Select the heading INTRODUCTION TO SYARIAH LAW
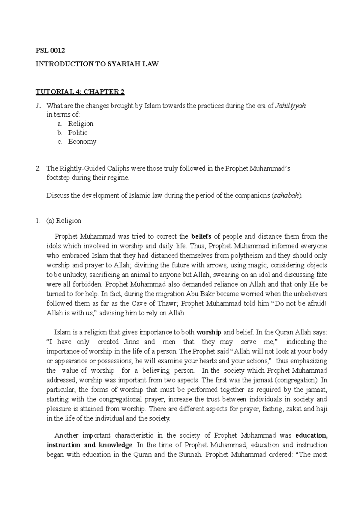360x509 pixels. click(x=97, y=64)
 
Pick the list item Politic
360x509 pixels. click(x=78, y=132)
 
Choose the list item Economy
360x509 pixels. click(x=82, y=141)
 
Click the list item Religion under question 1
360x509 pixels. click(x=81, y=124)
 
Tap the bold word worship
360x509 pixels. click(x=209, y=332)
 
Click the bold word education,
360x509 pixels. click(x=311, y=435)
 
